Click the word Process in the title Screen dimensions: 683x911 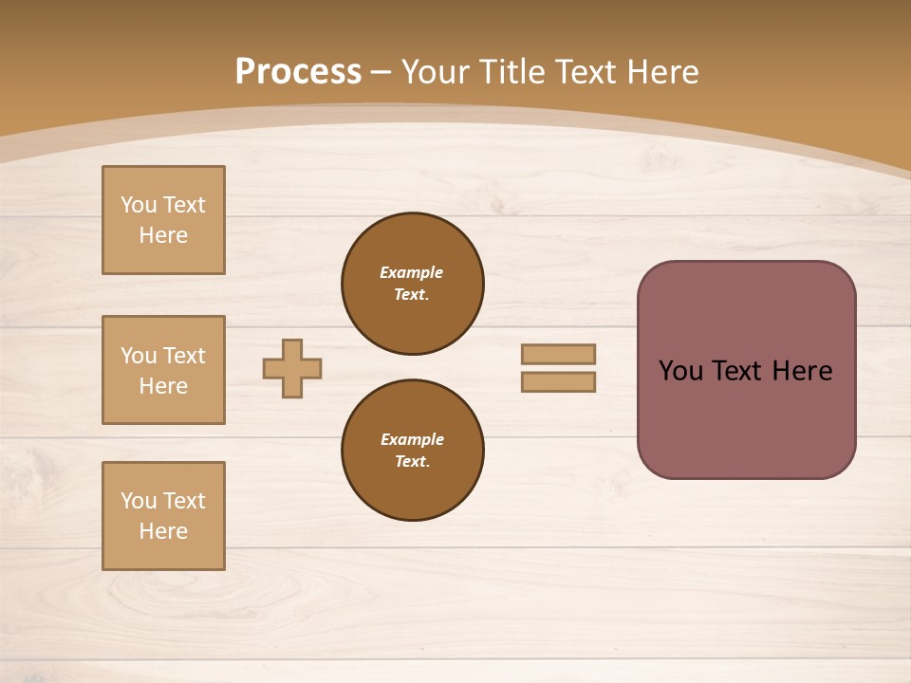coord(298,72)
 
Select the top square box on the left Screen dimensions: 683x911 coord(163,220)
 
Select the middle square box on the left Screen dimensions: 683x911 coord(163,370)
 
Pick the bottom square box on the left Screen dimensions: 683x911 coord(163,516)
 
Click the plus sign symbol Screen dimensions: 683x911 coord(292,368)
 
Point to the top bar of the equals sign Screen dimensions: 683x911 coord(558,354)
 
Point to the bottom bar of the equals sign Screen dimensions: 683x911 coord(558,381)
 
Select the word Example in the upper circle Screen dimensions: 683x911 coord(412,272)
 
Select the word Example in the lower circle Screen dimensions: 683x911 coord(412,439)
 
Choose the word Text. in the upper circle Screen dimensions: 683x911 coord(412,294)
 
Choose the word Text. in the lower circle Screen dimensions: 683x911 coord(412,461)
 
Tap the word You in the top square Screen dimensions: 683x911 coord(139,205)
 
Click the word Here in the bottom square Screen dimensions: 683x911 coord(163,531)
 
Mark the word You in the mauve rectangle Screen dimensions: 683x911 coord(680,371)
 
